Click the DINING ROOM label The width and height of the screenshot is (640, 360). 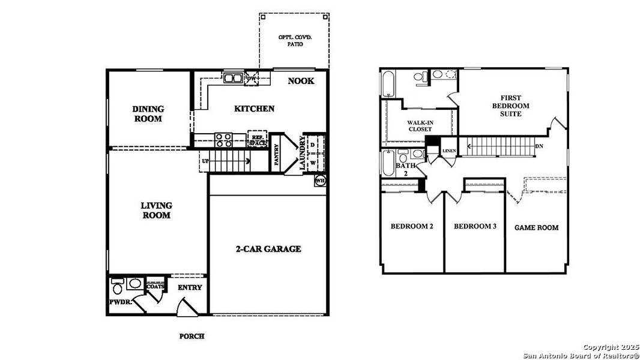pos(148,113)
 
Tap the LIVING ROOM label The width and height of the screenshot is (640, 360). pos(155,210)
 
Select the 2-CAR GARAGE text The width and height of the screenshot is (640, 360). pos(268,248)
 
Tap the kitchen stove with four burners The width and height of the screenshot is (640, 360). pos(224,140)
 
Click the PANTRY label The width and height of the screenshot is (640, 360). pos(277,154)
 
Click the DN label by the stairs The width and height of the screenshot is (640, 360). pos(539,146)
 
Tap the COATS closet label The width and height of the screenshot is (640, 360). pos(155,287)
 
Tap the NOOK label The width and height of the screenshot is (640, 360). pos(300,81)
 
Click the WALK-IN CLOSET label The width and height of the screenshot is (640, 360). pos(420,125)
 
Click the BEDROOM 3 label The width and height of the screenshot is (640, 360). pos(475,226)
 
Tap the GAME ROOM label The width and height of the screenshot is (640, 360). pos(536,227)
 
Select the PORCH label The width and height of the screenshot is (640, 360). pos(192,336)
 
